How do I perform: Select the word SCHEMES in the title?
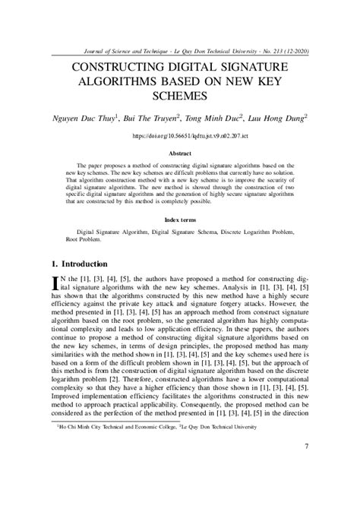[x=180, y=96]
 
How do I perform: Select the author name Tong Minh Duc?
[x=221, y=119]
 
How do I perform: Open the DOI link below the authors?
[x=180, y=135]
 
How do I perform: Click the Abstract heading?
[x=180, y=153]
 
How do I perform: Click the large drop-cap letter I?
[x=55, y=284]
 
